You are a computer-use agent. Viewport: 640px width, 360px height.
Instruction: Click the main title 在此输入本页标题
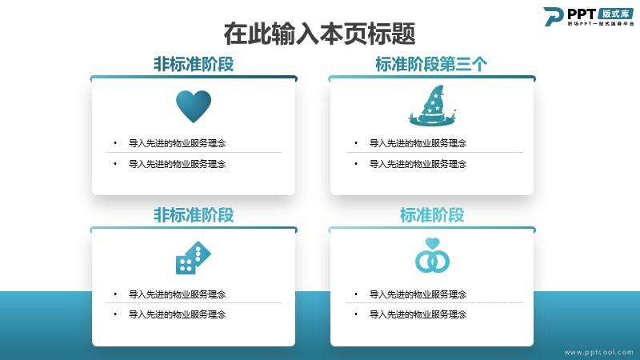tap(319, 34)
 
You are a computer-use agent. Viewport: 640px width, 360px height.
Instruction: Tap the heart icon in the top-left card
tap(194, 106)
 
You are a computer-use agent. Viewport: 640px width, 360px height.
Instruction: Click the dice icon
tap(193, 258)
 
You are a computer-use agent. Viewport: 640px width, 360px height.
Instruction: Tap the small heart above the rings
tap(432, 243)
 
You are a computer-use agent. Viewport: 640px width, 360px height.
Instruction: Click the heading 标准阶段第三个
tap(431, 64)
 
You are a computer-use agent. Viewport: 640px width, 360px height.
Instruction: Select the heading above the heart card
tap(194, 64)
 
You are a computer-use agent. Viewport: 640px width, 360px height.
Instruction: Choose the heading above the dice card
tap(194, 215)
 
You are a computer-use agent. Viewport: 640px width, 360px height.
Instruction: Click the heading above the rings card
tap(432, 215)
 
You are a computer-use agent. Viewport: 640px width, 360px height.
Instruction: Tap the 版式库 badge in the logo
tap(616, 14)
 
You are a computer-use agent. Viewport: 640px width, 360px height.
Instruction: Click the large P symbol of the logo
tap(553, 17)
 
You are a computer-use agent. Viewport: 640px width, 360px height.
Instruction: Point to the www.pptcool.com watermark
tap(599, 352)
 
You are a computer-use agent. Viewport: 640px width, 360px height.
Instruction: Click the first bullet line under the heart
tap(177, 143)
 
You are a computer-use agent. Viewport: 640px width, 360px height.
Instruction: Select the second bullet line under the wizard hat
tap(418, 164)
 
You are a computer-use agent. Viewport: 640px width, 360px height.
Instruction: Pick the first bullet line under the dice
tap(177, 294)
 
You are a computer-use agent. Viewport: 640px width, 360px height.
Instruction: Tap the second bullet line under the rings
tap(418, 314)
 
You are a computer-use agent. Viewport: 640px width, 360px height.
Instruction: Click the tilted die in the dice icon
tap(198, 253)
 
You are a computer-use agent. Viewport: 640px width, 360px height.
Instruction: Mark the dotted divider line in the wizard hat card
tap(434, 152)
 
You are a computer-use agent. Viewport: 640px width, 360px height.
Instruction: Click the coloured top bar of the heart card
tap(194, 78)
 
